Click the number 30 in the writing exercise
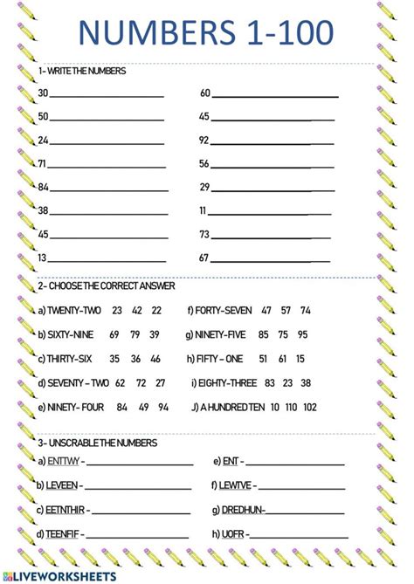[x=43, y=93]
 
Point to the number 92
[x=204, y=140]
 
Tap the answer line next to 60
[x=275, y=95]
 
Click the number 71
[x=43, y=163]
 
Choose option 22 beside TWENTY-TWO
[x=156, y=310]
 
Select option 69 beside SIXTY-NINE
[x=114, y=334]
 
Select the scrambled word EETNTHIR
[x=67, y=510]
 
